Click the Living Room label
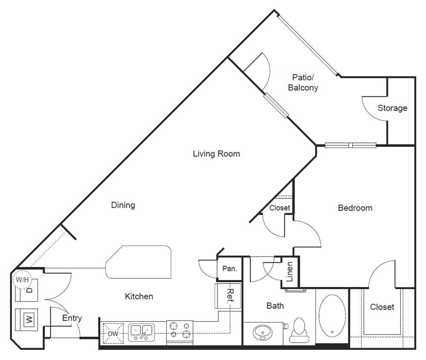coord(216,154)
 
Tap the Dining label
coord(123,205)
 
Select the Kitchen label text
coord(139,296)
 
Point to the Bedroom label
coord(355,208)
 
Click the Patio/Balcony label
coord(303,83)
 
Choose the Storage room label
coord(392,108)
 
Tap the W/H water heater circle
coord(21,280)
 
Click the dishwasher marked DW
coord(112,333)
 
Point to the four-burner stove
coord(180,330)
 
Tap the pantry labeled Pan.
coord(229,269)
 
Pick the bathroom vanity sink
coord(262,332)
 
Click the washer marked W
coord(28,319)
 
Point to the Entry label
coord(72,318)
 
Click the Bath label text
coord(275,306)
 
